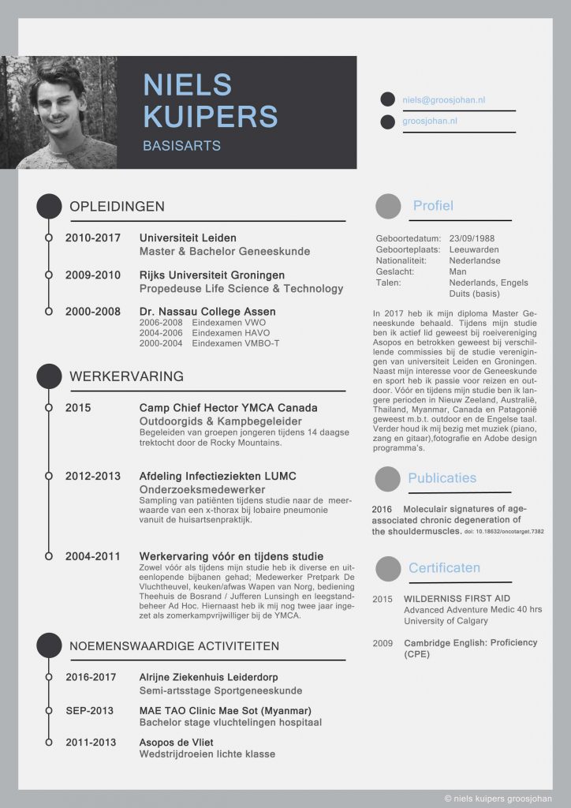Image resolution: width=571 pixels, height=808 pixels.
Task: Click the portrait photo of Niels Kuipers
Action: [59, 112]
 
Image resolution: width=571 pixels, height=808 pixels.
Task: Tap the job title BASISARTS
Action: [181, 146]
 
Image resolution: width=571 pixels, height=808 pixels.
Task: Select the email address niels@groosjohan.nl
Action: [444, 101]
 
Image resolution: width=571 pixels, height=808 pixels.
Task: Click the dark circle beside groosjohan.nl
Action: [387, 122]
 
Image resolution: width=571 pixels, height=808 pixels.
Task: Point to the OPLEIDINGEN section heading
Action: [118, 207]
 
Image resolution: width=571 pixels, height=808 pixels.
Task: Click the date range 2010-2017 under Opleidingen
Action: [93, 238]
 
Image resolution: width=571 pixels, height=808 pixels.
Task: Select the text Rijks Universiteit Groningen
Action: [212, 275]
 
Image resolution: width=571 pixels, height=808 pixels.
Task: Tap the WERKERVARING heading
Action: [127, 376]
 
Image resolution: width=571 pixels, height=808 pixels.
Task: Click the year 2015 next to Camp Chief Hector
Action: [78, 408]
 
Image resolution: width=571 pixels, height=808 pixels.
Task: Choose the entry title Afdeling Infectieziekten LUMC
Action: [218, 477]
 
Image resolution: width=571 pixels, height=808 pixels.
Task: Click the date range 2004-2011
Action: [93, 556]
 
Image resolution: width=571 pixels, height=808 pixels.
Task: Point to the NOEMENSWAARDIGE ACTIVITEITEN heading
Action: [174, 646]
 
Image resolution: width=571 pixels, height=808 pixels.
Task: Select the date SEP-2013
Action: [91, 710]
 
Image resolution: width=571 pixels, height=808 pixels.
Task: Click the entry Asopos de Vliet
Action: [176, 743]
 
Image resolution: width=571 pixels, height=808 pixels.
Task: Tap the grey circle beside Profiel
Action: [388, 207]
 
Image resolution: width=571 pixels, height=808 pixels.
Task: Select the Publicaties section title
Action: [442, 478]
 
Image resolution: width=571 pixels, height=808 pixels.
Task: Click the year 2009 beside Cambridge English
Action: [383, 643]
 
